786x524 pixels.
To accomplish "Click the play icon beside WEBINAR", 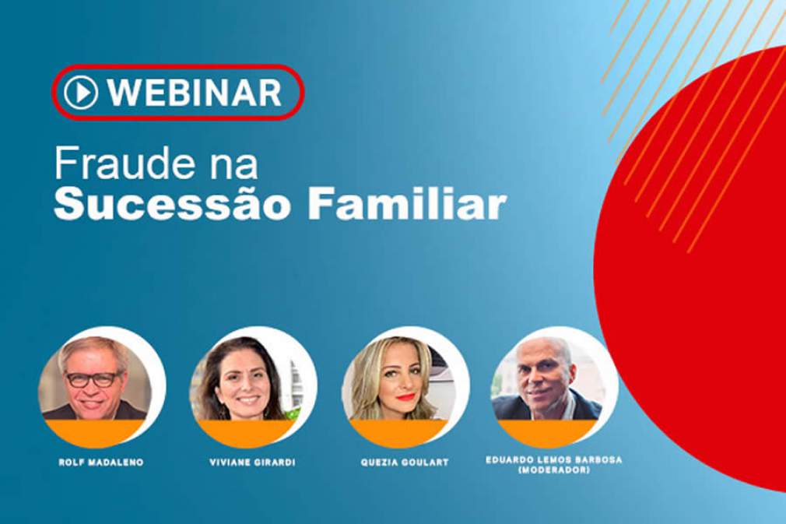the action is click(x=81, y=92).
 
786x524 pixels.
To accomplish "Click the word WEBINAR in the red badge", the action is click(x=195, y=92).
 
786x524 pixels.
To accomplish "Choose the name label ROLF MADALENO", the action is click(x=101, y=462).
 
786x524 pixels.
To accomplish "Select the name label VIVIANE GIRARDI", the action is click(x=253, y=462).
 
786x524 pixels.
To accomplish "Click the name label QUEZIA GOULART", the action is click(x=405, y=462).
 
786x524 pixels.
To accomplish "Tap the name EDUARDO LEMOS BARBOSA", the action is click(x=554, y=460).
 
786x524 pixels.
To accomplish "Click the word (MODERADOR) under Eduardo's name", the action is click(x=554, y=469).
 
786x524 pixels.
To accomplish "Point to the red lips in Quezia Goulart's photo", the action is click(x=405, y=397).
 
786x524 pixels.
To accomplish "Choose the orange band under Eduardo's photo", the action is click(x=548, y=433).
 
